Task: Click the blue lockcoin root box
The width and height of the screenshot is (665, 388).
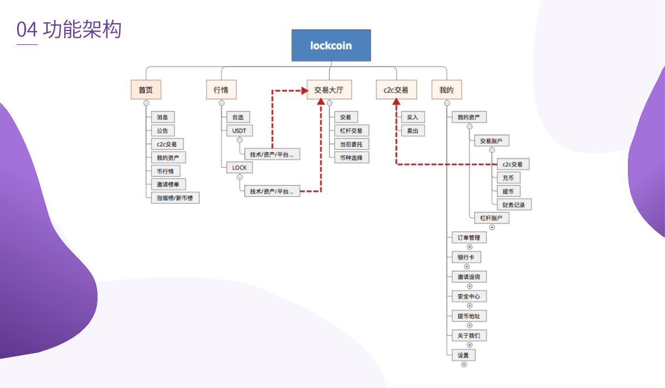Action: coord(331,45)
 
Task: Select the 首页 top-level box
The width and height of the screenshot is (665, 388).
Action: coord(146,90)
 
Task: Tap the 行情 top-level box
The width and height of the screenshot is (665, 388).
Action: coord(221,90)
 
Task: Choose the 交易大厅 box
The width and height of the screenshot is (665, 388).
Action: coord(329,90)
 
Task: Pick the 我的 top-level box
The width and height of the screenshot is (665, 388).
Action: coord(446,90)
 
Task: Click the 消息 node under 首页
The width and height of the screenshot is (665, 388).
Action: coord(162,117)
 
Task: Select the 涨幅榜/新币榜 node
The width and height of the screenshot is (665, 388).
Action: coord(175,198)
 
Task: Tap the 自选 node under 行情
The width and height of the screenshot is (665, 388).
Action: coord(238,117)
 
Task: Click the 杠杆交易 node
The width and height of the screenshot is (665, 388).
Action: coord(351,131)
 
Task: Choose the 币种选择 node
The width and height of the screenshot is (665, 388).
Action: coord(351,157)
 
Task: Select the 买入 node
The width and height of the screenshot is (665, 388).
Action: coord(413,117)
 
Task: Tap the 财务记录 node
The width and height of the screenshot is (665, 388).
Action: coord(514,205)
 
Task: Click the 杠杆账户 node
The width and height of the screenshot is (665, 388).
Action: coord(491,218)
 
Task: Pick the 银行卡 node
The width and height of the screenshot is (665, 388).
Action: coord(466,257)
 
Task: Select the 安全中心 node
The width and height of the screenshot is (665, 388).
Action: coord(469,297)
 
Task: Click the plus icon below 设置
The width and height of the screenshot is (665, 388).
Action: coord(464,364)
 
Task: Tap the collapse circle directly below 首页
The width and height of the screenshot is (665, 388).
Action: coord(146,103)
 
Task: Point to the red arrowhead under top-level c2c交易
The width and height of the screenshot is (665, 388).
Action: coord(396,102)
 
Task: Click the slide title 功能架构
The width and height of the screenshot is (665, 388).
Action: coord(82,30)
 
